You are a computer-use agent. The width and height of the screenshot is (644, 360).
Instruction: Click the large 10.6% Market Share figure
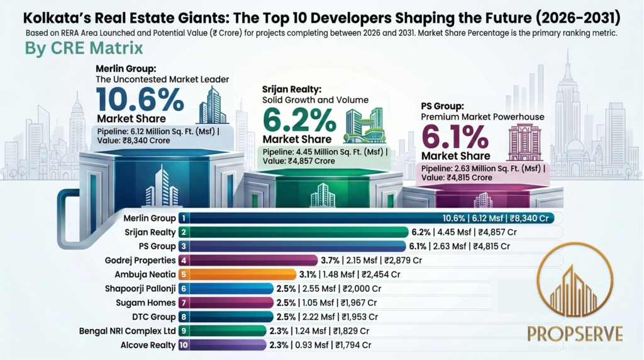(x=140, y=99)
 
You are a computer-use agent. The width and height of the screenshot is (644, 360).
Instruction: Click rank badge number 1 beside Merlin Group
(x=183, y=218)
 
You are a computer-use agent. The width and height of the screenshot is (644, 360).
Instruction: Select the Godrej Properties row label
(x=141, y=260)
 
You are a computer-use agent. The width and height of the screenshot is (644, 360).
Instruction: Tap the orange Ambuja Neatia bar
(x=242, y=274)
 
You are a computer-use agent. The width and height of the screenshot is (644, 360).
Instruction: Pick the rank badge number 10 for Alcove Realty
(x=183, y=345)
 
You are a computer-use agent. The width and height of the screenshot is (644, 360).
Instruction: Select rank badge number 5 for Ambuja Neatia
(x=183, y=274)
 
